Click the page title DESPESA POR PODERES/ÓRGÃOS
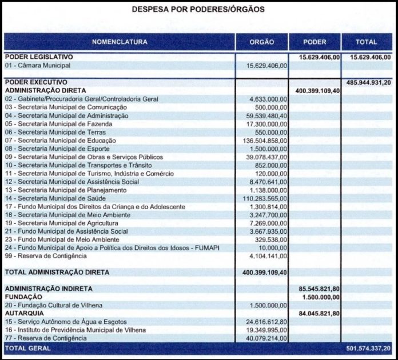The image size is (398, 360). pyautogui.click(x=198, y=10)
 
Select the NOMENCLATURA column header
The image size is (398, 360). pyautogui.click(x=120, y=42)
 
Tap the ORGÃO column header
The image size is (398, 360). pyautogui.click(x=262, y=42)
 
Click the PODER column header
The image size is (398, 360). pyautogui.click(x=315, y=42)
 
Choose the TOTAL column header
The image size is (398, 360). pyautogui.click(x=367, y=42)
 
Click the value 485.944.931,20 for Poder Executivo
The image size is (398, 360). pyautogui.click(x=369, y=83)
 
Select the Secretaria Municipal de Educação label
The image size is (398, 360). pyautogui.click(x=61, y=141)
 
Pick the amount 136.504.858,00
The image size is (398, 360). pyautogui.click(x=265, y=141)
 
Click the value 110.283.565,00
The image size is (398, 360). pyautogui.click(x=265, y=198)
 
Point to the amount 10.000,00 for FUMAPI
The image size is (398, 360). pyautogui.click(x=273, y=247)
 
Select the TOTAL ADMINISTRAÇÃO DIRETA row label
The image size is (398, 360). pyautogui.click(x=57, y=273)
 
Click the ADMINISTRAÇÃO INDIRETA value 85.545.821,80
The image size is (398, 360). pyautogui.click(x=317, y=289)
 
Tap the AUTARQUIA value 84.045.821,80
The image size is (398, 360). pyautogui.click(x=317, y=314)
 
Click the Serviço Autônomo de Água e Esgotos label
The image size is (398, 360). pyautogui.click(x=66, y=322)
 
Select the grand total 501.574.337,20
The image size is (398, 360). pyautogui.click(x=369, y=348)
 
